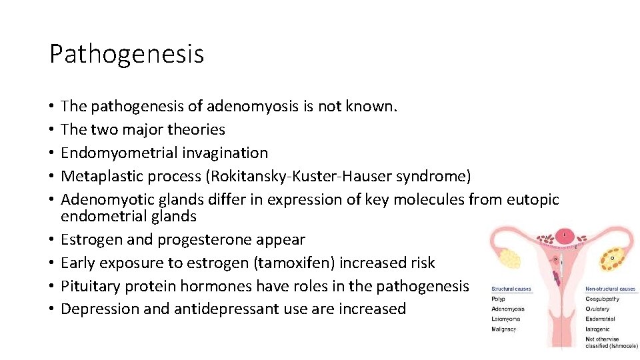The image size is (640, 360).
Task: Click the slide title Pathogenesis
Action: pyautogui.click(x=127, y=53)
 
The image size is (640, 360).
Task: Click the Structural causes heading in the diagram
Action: pyautogui.click(x=511, y=289)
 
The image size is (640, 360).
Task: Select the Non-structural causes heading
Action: pyautogui.click(x=610, y=289)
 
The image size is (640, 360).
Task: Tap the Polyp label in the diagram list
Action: pyautogui.click(x=498, y=299)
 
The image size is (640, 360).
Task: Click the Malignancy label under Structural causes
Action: pyautogui.click(x=503, y=329)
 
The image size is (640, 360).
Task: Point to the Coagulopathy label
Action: pyautogui.click(x=602, y=299)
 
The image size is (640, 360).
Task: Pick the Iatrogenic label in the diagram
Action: pyautogui.click(x=598, y=329)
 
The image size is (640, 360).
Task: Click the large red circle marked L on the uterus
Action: pyautogui.click(x=565, y=235)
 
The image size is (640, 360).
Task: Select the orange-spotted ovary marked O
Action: pyautogui.click(x=611, y=257)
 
